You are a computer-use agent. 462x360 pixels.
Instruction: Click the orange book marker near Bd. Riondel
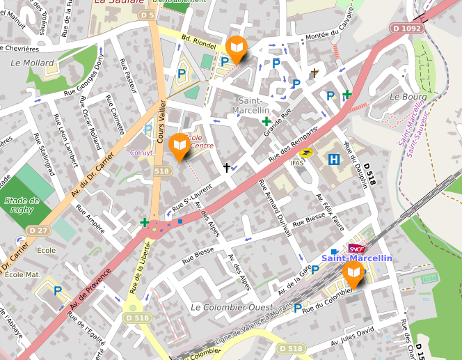coord(237,48)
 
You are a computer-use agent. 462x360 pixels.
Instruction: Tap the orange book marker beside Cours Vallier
coord(180,146)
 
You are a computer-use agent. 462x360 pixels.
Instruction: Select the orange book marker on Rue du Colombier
coord(353,273)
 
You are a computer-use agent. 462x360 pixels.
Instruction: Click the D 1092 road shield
coord(406,29)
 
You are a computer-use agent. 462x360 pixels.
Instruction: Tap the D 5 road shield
coord(147,14)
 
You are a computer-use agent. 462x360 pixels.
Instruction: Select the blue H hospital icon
coord(334,159)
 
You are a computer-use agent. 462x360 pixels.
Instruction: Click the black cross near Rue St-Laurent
coord(226,167)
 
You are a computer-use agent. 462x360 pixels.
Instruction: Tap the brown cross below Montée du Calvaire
coord(314,72)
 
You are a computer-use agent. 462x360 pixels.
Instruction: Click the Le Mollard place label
coord(27,62)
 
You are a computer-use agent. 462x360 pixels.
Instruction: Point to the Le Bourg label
coord(408,96)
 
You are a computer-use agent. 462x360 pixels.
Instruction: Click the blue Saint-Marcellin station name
coord(356,258)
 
